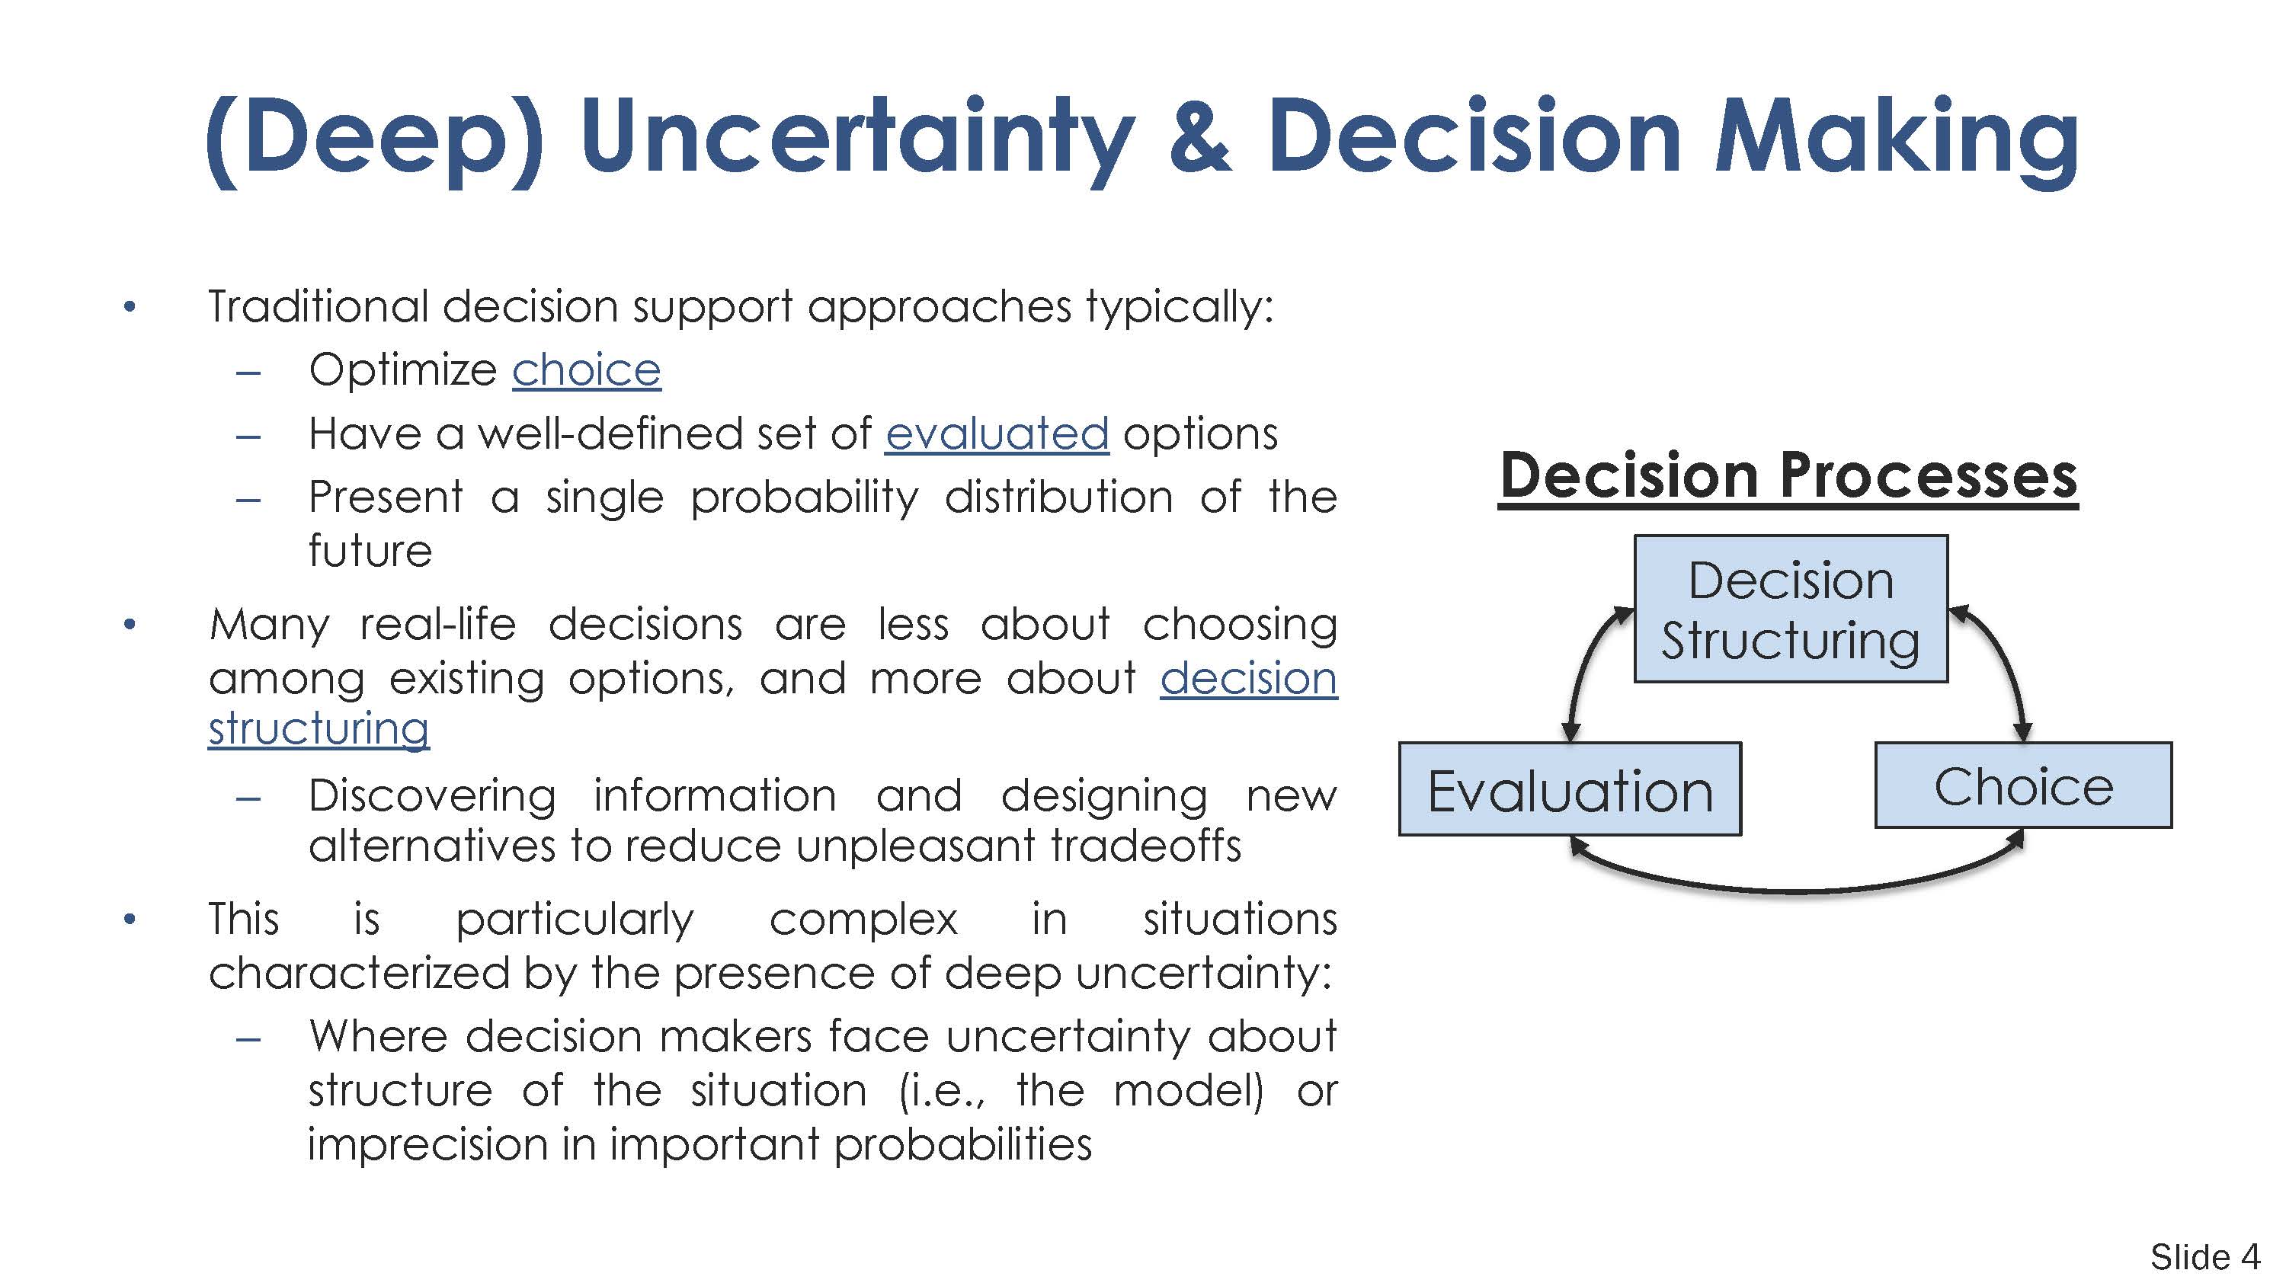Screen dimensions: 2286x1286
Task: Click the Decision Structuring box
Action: point(1791,609)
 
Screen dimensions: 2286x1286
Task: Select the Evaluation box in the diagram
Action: point(1570,789)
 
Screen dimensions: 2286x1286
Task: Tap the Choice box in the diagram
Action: point(2023,785)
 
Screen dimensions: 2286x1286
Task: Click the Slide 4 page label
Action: point(2204,1257)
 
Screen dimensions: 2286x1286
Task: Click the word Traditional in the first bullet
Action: point(318,306)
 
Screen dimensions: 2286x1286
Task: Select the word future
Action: point(370,550)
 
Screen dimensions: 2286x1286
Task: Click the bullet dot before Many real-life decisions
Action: point(130,625)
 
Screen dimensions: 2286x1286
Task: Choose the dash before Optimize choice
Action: point(248,372)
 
